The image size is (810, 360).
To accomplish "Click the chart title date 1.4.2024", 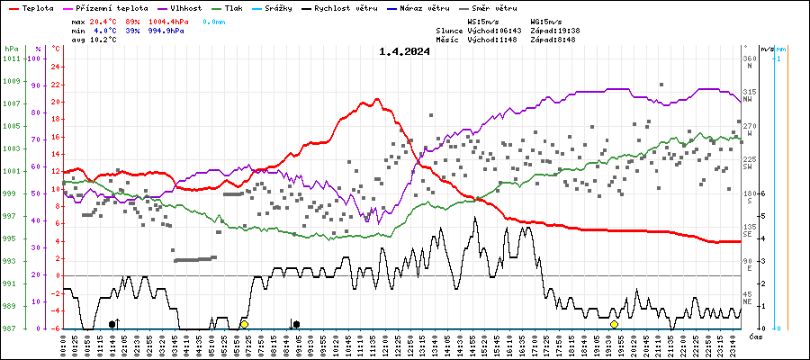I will tap(404, 51).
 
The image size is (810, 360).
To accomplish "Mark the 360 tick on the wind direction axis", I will tap(748, 58).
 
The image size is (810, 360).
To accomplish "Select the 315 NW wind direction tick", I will tap(748, 93).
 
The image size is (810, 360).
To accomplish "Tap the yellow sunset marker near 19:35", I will tap(614, 324).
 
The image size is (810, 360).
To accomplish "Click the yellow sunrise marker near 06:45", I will tap(244, 324).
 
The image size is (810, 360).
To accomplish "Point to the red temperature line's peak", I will tap(366, 100).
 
